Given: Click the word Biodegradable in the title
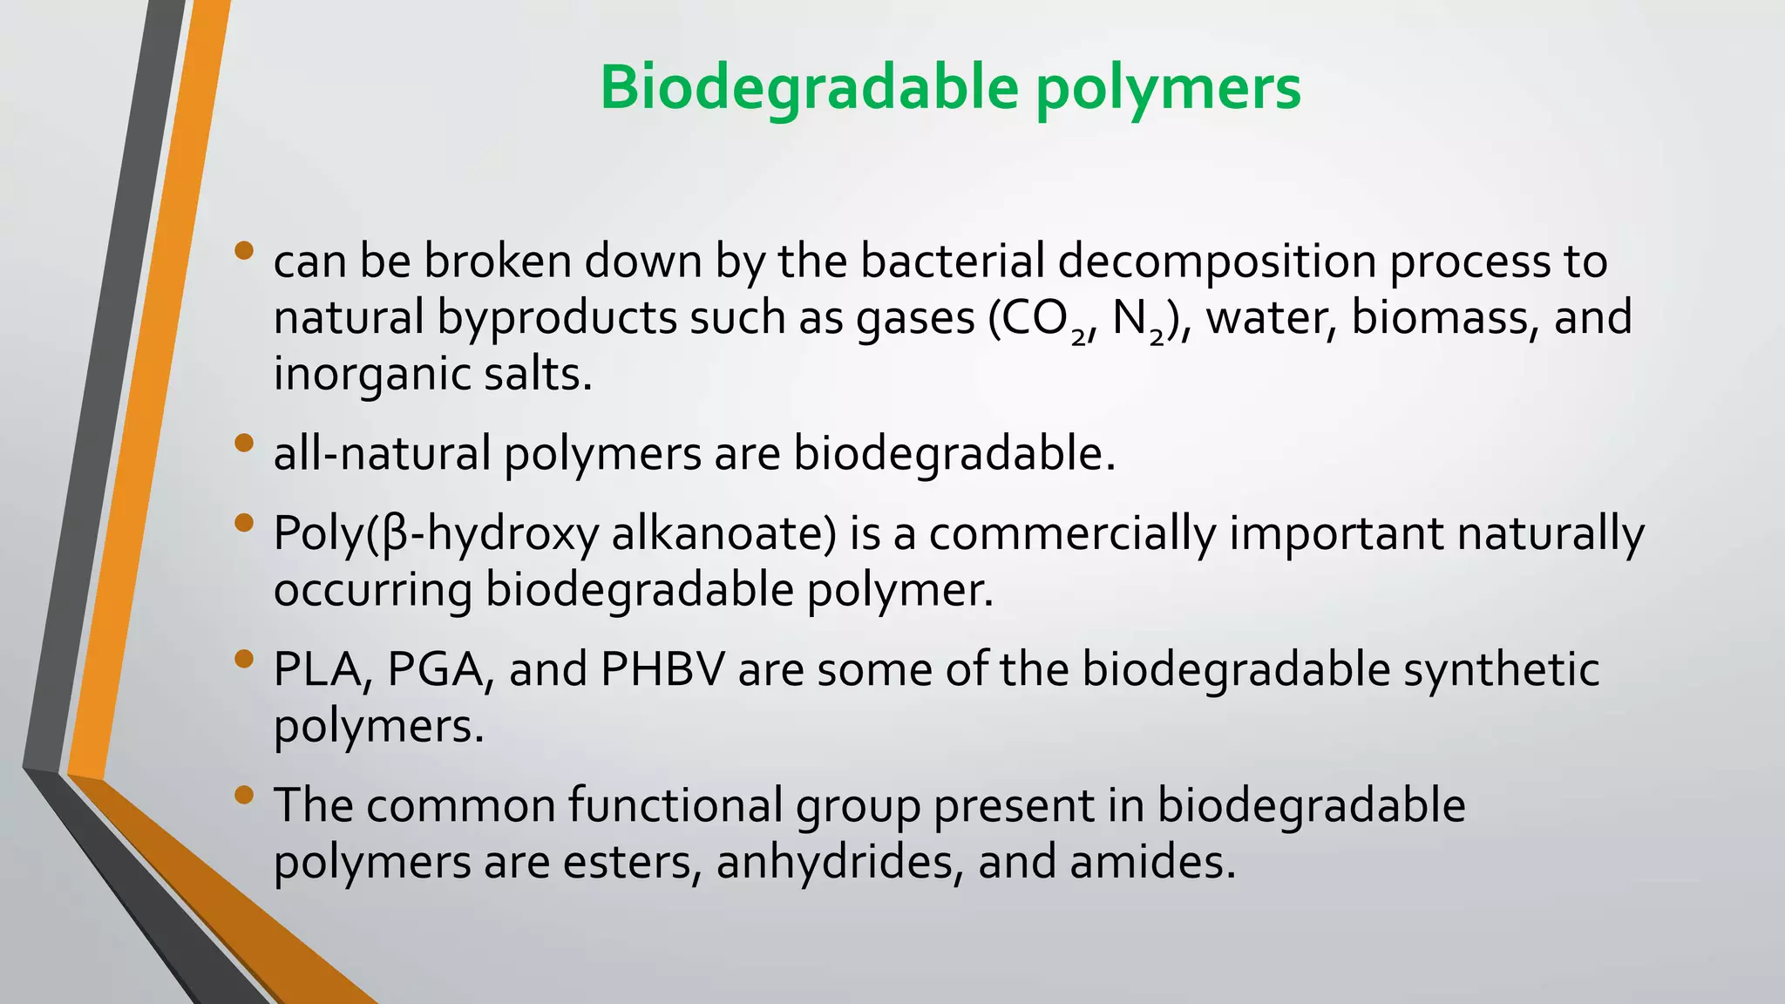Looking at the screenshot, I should pyautogui.click(x=808, y=89).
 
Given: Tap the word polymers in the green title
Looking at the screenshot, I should pyautogui.click(x=1167, y=89).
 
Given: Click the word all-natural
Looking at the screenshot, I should pyautogui.click(x=382, y=454).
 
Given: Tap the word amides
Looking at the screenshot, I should pyautogui.click(x=1151, y=862).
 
